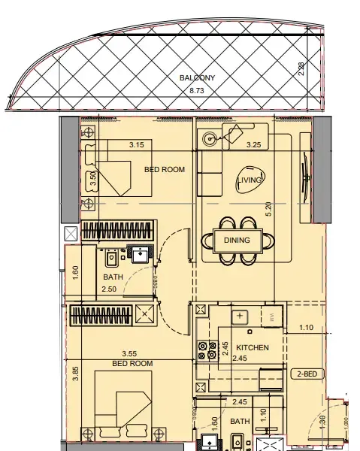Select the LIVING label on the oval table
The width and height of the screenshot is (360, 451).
(250, 180)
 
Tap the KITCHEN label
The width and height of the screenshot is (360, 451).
(253, 349)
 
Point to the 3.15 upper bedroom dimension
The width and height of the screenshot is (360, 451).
(137, 144)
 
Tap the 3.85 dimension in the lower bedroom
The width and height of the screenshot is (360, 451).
(75, 374)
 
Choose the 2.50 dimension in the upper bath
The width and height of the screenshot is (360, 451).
(110, 289)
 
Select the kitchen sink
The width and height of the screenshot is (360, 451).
(241, 316)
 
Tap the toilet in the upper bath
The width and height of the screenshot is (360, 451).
(111, 257)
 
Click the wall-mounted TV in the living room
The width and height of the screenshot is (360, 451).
(304, 178)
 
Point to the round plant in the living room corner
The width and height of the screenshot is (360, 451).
(210, 138)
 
